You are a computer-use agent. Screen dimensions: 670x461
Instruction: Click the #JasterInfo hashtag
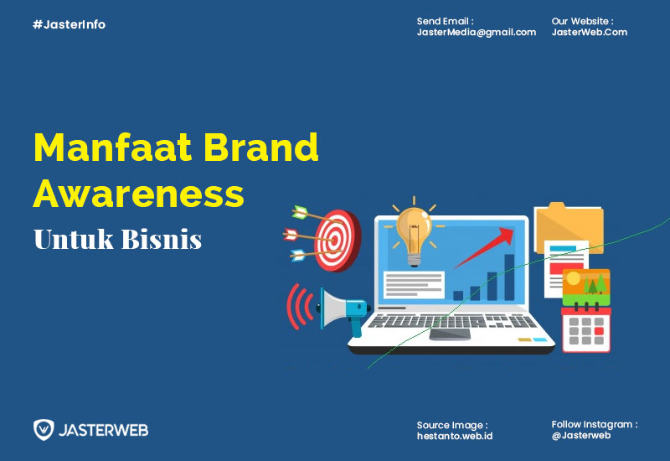pyautogui.click(x=69, y=24)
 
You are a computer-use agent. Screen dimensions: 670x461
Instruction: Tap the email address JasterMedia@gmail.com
pyautogui.click(x=476, y=33)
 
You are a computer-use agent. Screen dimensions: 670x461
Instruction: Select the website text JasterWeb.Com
pyautogui.click(x=590, y=32)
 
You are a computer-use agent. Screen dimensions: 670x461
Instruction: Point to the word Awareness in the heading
pyautogui.click(x=138, y=194)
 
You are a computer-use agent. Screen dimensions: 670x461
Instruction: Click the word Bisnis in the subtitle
pyautogui.click(x=162, y=239)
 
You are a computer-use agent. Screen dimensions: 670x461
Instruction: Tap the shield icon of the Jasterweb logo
pyautogui.click(x=44, y=430)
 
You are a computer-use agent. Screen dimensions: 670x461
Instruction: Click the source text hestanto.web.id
pyautogui.click(x=455, y=436)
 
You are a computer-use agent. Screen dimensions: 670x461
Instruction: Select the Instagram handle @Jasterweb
pyautogui.click(x=581, y=435)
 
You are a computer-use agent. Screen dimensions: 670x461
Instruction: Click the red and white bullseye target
pyautogui.click(x=338, y=241)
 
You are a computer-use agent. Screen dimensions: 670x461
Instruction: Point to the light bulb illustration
pyautogui.click(x=413, y=235)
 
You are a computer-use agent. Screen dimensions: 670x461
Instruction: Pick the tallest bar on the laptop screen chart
pyautogui.click(x=509, y=277)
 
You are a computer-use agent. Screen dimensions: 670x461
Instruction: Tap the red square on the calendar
pyautogui.click(x=599, y=330)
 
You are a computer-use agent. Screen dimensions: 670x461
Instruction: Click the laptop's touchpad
pyautogui.click(x=450, y=334)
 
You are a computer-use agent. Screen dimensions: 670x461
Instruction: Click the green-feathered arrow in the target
pyautogui.click(x=317, y=215)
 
